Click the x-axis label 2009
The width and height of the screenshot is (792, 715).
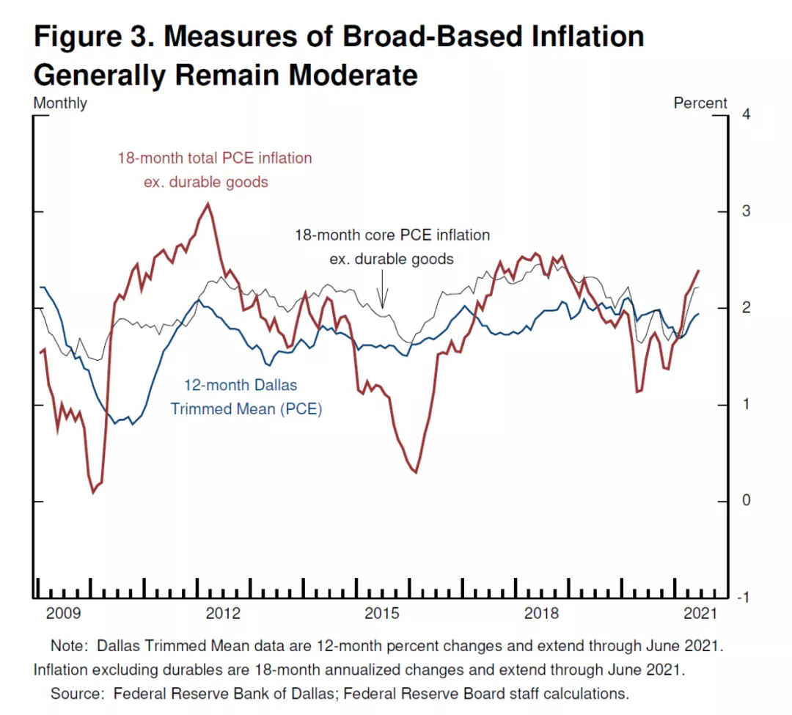pyautogui.click(x=63, y=613)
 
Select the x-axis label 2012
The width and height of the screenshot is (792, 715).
pyautogui.click(x=223, y=613)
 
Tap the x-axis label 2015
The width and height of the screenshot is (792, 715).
pyautogui.click(x=382, y=613)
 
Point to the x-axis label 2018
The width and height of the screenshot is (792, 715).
pyautogui.click(x=541, y=613)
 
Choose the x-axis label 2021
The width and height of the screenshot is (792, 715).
pyautogui.click(x=700, y=613)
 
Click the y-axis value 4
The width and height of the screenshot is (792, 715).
pyautogui.click(x=746, y=114)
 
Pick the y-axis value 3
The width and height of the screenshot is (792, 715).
pyautogui.click(x=746, y=210)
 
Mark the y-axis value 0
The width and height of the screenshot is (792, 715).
pyautogui.click(x=746, y=500)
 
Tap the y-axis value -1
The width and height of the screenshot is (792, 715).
pyautogui.click(x=744, y=598)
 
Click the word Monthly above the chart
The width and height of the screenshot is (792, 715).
pyautogui.click(x=60, y=103)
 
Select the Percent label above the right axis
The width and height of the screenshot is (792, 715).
pyautogui.click(x=700, y=103)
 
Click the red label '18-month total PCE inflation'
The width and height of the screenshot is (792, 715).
pyautogui.click(x=215, y=158)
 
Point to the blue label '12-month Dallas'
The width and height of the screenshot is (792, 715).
pyautogui.click(x=241, y=385)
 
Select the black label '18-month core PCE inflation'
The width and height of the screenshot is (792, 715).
pyautogui.click(x=392, y=235)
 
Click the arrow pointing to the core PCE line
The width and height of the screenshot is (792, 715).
pyautogui.click(x=382, y=289)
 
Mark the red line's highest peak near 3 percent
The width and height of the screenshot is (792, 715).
pyautogui.click(x=208, y=203)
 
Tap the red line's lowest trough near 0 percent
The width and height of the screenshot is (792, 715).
pyautogui.click(x=93, y=492)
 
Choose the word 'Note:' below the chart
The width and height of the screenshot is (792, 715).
pyautogui.click(x=69, y=646)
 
